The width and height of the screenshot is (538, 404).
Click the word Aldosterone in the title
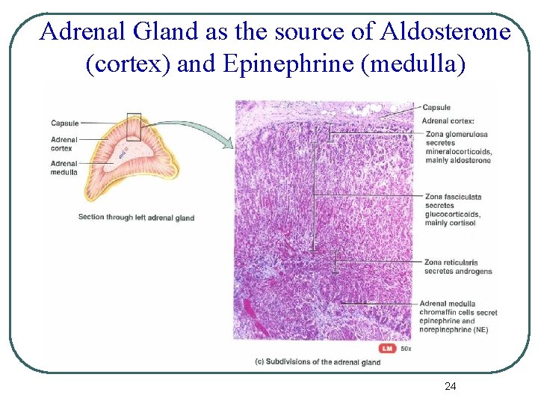point(445,32)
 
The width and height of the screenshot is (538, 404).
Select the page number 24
point(450,386)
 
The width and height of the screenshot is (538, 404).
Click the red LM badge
point(387,349)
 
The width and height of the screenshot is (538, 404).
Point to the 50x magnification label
point(406,349)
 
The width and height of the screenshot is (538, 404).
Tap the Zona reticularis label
point(451,263)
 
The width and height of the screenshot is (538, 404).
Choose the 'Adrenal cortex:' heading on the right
point(448,120)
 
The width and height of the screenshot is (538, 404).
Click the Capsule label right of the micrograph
point(436,108)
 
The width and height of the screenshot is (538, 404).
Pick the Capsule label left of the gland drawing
point(64,123)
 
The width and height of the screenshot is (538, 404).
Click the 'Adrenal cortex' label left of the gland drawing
point(64,143)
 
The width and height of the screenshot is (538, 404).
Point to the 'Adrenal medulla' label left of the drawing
point(64,168)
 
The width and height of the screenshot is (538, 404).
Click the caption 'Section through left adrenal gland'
point(136,218)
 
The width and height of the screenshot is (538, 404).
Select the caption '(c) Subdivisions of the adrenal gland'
point(318,362)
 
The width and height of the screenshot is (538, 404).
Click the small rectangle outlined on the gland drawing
point(134,126)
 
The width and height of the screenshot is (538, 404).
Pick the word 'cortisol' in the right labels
point(463,222)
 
